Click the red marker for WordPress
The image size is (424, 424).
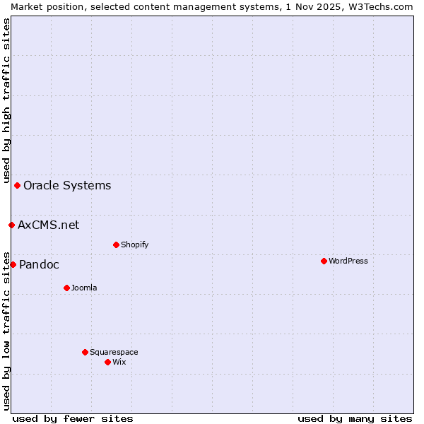pyautogui.click(x=324, y=261)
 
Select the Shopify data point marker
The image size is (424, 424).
pyautogui.click(x=116, y=245)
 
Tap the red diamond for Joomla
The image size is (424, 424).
pyautogui.click(x=66, y=288)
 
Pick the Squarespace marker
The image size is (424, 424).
pyautogui.click(x=85, y=352)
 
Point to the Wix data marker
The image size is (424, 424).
pyautogui.click(x=107, y=362)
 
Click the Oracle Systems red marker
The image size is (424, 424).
pyautogui.click(x=17, y=185)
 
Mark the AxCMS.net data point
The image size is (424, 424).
pyautogui.click(x=11, y=225)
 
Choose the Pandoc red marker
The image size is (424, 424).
pyautogui.click(x=13, y=264)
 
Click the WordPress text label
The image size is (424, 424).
pyautogui.click(x=348, y=261)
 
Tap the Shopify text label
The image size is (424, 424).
pyautogui.click(x=134, y=245)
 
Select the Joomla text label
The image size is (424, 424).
pyautogui.click(x=84, y=288)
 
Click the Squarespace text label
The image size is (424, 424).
pyautogui.click(x=114, y=352)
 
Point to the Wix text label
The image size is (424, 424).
pyautogui.click(x=119, y=362)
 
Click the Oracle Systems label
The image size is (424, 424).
pyautogui.click(x=67, y=185)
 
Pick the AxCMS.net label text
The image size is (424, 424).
pyautogui.click(x=49, y=225)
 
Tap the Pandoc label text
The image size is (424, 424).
pyautogui.click(x=39, y=264)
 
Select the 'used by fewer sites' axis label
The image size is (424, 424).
pyautogui.click(x=73, y=418)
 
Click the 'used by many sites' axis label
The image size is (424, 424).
pyautogui.click(x=355, y=418)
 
